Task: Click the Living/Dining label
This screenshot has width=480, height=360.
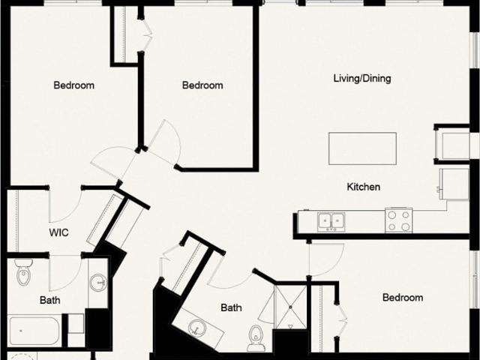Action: click(362, 79)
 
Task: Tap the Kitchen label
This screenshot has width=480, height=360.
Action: click(363, 187)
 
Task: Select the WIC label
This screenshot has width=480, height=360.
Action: click(58, 232)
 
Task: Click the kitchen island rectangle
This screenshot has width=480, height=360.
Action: click(362, 148)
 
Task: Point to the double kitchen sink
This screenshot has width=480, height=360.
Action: click(331, 221)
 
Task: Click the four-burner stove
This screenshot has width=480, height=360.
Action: click(398, 220)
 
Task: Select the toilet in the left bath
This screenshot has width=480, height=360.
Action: click(23, 272)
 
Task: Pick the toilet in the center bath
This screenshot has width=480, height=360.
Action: click(255, 337)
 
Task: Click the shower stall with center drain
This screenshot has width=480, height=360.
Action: click(290, 307)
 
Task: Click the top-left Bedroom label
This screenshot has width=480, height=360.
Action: click(73, 85)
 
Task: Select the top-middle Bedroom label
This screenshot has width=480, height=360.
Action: click(202, 85)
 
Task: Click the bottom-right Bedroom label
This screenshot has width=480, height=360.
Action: click(403, 297)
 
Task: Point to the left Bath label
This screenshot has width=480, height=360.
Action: click(50, 300)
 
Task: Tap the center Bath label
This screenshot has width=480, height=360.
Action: click(231, 307)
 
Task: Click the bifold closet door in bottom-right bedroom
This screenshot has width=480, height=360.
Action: click(342, 320)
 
